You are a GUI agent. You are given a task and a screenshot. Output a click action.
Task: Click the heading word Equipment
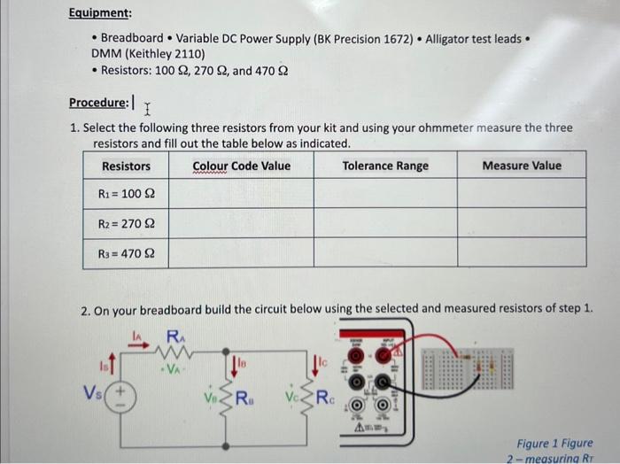[x=100, y=14]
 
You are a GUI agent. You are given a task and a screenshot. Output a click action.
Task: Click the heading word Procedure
[x=98, y=102]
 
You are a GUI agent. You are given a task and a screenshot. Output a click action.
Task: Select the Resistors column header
[x=126, y=166]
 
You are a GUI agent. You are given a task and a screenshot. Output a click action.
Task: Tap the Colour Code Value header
[x=241, y=166]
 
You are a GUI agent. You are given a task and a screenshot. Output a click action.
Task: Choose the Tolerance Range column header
[x=384, y=166]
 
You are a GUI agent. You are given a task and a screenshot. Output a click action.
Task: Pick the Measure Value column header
[x=522, y=166]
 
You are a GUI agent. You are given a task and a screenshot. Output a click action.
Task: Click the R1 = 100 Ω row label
[x=126, y=193]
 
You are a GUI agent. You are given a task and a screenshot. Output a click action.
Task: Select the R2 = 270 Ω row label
[x=126, y=223]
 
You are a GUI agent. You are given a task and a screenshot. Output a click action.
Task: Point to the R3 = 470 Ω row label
[x=126, y=253]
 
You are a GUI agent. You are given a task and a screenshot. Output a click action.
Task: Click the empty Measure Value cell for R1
[x=522, y=193]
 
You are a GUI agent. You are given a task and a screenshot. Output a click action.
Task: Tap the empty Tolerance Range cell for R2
[x=384, y=223]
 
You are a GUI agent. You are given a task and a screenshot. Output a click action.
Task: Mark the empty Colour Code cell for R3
[x=241, y=253]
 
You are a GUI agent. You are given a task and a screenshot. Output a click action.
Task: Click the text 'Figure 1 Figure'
[x=555, y=443]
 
